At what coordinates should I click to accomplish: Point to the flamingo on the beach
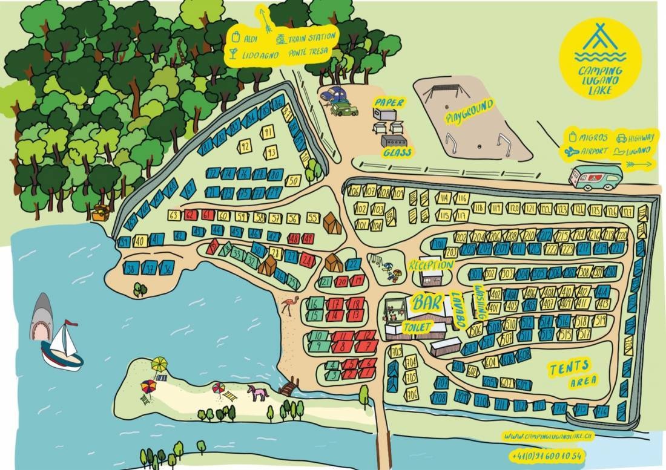[288, 307]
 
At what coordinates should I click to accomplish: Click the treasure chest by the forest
[101, 212]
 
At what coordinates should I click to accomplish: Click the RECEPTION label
[430, 266]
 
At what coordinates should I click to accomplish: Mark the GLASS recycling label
[397, 152]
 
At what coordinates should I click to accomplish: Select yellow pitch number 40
[140, 241]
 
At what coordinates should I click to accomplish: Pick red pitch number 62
[190, 215]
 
